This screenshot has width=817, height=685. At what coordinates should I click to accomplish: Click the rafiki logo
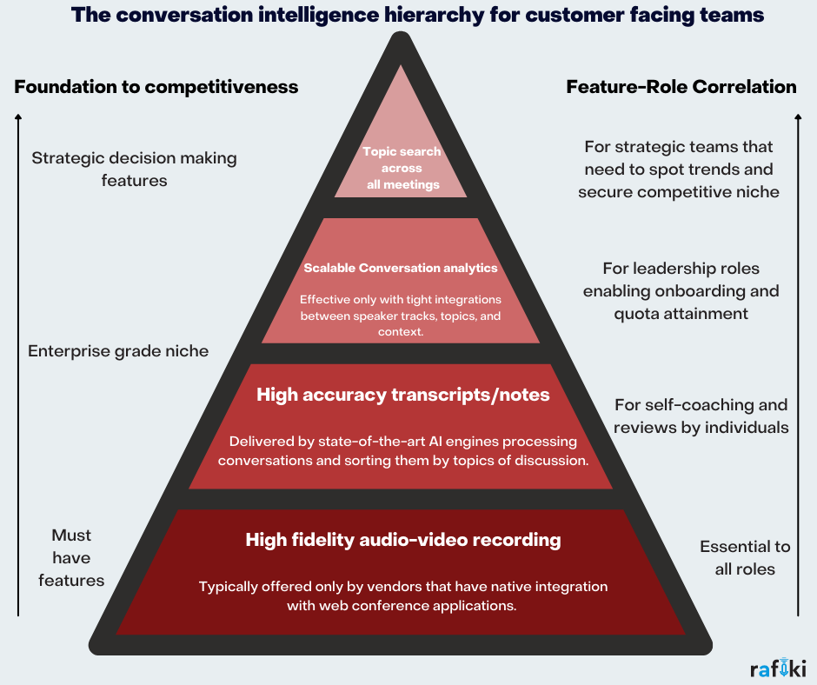point(778,668)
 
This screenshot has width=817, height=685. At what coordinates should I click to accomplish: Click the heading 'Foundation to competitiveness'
point(156,87)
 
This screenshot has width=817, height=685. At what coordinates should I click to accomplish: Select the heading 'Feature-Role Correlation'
point(681,87)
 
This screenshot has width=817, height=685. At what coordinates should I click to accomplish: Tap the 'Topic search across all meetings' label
point(402,168)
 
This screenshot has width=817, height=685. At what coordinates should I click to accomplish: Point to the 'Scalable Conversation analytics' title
point(401,268)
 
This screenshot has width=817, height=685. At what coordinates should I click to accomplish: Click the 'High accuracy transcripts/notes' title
point(403,395)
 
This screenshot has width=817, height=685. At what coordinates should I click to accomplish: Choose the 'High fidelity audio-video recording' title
point(403,540)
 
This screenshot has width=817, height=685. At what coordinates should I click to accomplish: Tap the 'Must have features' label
point(71,557)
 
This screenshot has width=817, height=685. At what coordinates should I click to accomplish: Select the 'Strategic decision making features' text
point(134,170)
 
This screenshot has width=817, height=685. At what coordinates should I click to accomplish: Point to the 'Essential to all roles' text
point(746,557)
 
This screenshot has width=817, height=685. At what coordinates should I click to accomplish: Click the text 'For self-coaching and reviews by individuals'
point(701,416)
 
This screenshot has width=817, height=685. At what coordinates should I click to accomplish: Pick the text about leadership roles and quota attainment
point(681,291)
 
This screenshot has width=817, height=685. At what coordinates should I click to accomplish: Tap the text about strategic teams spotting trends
point(679,169)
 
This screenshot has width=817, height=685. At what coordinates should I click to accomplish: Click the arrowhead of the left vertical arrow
point(18,116)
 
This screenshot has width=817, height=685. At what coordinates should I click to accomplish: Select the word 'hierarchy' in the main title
point(407,16)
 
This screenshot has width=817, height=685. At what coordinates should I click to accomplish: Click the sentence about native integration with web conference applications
point(403,596)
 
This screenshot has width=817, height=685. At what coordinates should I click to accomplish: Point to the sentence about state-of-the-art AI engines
point(403,450)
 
